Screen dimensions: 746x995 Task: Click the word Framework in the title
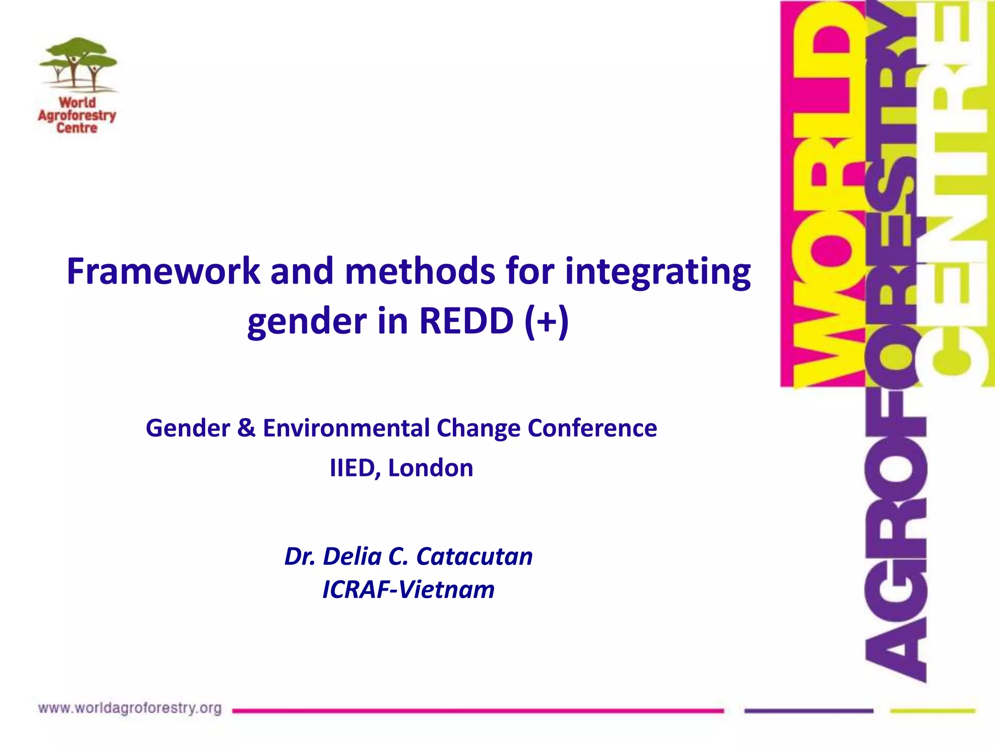[x=163, y=272]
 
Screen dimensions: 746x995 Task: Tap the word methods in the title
[x=420, y=272]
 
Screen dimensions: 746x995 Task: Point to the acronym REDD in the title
[x=466, y=322]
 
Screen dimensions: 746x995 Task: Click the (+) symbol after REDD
[x=547, y=322]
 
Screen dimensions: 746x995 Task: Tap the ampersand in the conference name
[x=246, y=428]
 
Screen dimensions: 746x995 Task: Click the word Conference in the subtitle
[x=592, y=428]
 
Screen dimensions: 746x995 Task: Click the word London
[x=430, y=468]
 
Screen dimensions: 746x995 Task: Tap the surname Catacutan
[x=474, y=557]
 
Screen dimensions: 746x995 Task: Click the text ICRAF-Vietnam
[x=408, y=590]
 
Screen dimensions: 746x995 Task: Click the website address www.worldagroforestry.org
[x=130, y=709]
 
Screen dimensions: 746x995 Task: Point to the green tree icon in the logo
[x=78, y=63]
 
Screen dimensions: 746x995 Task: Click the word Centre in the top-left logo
[x=77, y=128]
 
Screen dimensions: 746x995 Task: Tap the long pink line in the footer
[x=478, y=711]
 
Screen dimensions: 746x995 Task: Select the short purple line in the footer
[x=808, y=711]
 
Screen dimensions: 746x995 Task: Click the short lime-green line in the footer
[x=932, y=711]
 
